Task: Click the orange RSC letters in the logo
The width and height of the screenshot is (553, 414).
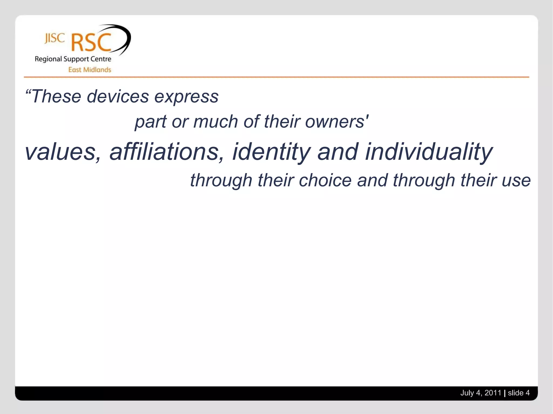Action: coord(91,43)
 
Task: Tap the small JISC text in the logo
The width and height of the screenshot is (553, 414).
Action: coord(55,39)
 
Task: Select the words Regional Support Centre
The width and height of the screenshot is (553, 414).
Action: coord(73,59)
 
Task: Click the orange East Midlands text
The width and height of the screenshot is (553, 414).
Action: coord(90,70)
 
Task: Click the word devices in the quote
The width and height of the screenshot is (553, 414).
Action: coord(118,96)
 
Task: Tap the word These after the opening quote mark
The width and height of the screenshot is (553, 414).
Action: coord(56,96)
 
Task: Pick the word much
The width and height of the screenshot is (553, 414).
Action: coord(215,122)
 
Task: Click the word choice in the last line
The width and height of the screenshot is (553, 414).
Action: coord(325,180)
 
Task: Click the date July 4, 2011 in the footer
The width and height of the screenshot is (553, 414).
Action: coord(480,393)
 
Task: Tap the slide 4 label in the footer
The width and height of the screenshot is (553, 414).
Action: coord(518,393)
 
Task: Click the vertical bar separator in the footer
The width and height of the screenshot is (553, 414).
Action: coord(505,393)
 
